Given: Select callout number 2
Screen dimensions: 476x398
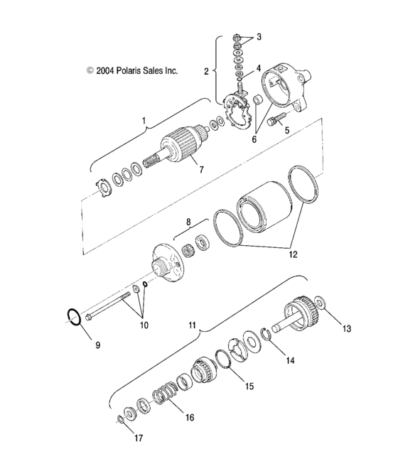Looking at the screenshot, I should click(x=206, y=71).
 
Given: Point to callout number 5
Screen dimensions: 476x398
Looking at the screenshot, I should click(x=287, y=131).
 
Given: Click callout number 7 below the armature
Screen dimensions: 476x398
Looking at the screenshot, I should click(x=201, y=171).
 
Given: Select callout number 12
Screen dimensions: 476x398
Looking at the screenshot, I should click(x=292, y=252).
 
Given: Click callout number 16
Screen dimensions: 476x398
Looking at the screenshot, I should click(x=189, y=418).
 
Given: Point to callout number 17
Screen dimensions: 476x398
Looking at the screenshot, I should click(x=139, y=439).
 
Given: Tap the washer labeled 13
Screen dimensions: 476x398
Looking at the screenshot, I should click(x=322, y=305).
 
